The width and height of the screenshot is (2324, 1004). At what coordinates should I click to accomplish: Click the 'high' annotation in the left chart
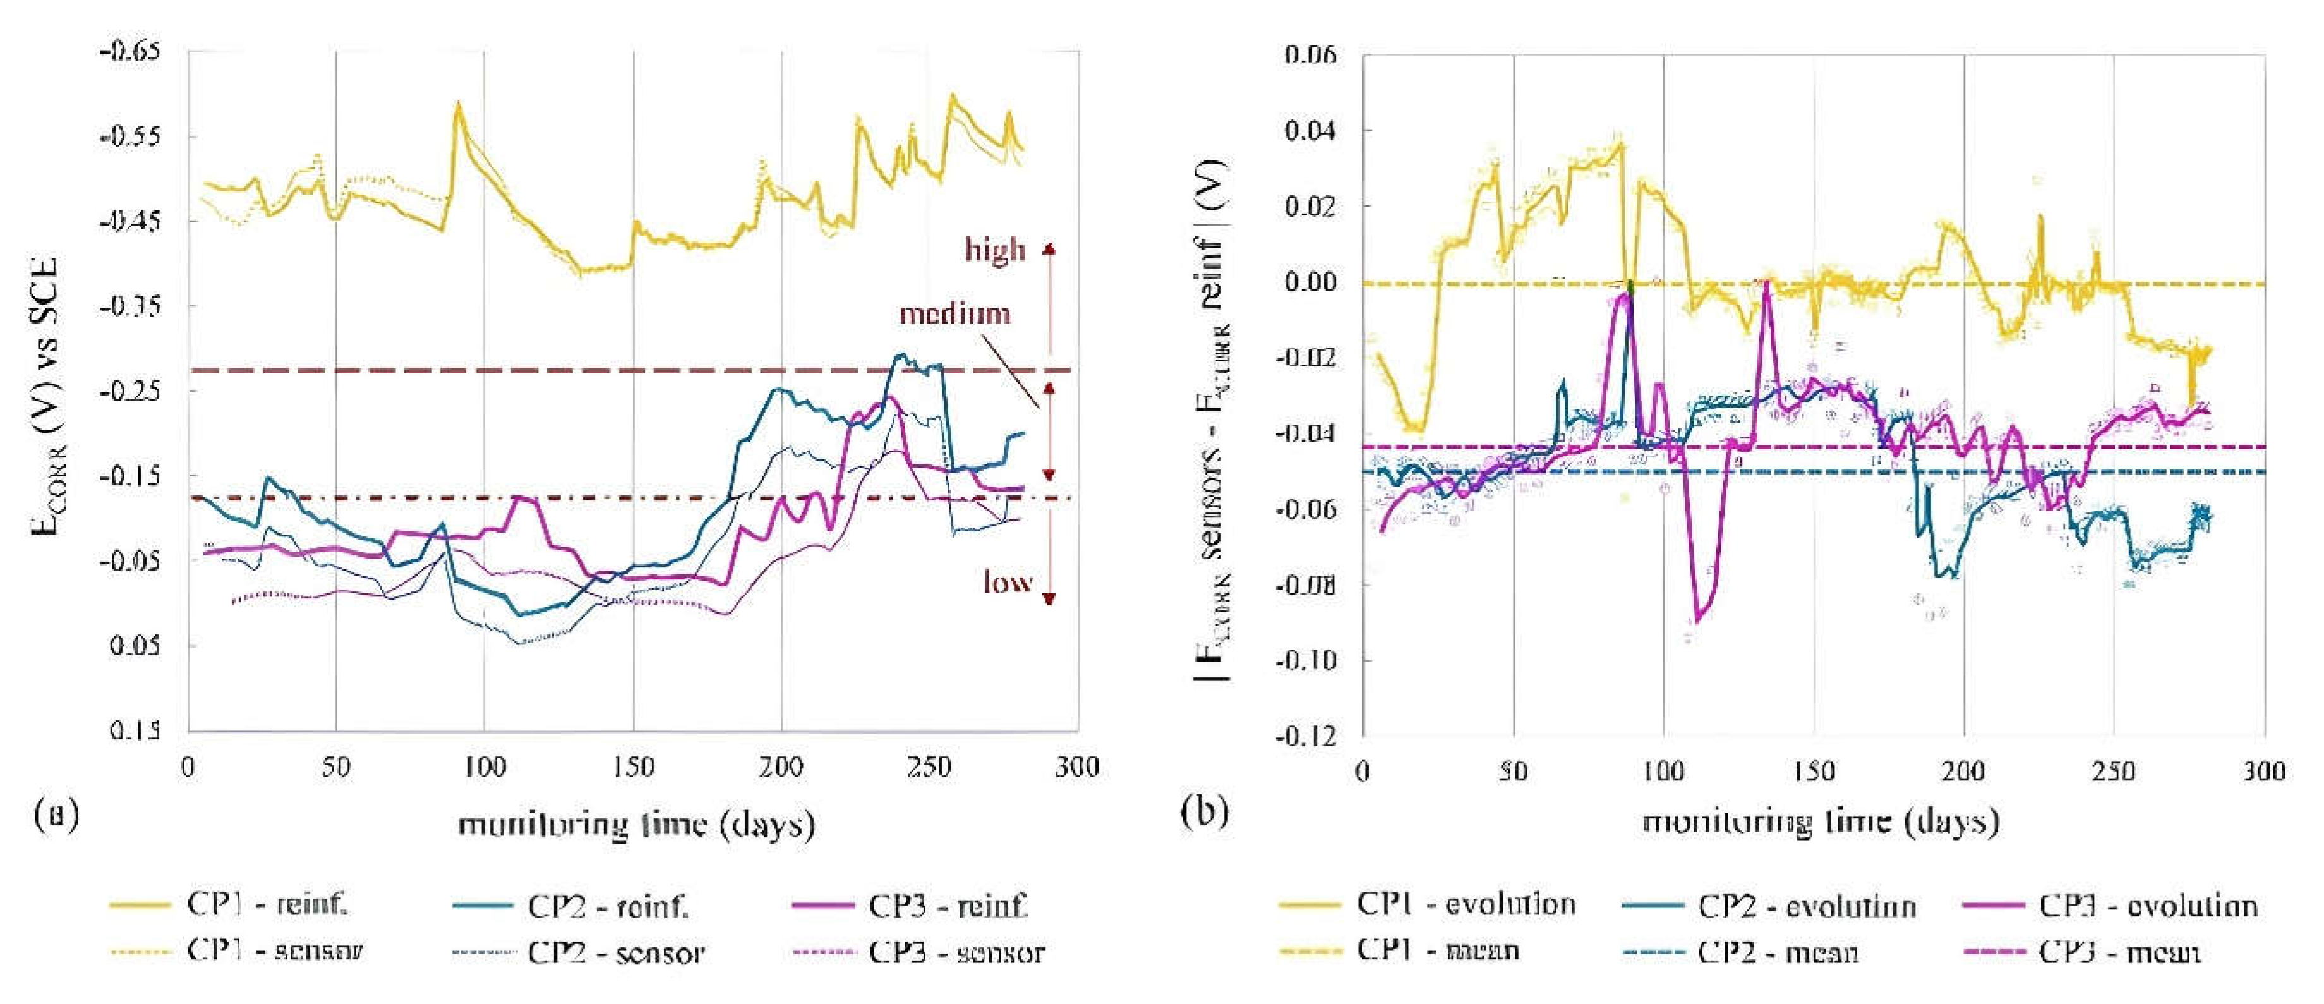pyautogui.click(x=995, y=249)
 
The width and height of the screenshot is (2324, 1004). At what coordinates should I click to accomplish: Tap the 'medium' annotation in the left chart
pyautogui.click(x=954, y=314)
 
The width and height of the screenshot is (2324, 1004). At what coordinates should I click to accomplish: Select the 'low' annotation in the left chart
pyautogui.click(x=1008, y=583)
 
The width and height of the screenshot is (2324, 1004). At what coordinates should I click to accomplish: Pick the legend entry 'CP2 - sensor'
pyautogui.click(x=616, y=953)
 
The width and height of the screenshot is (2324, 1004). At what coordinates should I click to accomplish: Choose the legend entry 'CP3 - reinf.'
pyautogui.click(x=948, y=905)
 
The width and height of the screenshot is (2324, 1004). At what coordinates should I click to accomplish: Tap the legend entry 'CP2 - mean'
pyautogui.click(x=1778, y=953)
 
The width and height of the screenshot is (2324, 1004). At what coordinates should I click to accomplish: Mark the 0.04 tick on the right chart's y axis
pyautogui.click(x=1310, y=131)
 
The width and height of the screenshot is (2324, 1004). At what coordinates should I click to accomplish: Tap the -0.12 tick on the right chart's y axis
pyautogui.click(x=1306, y=736)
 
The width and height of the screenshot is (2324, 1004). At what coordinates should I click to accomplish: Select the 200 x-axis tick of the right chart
pyautogui.click(x=1963, y=771)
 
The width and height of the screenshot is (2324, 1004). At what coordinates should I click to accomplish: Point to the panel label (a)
pyautogui.click(x=56, y=814)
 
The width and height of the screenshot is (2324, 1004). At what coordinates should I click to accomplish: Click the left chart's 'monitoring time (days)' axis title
pyautogui.click(x=636, y=825)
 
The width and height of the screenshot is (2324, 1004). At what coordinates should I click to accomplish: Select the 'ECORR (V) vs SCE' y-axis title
pyautogui.click(x=45, y=397)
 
